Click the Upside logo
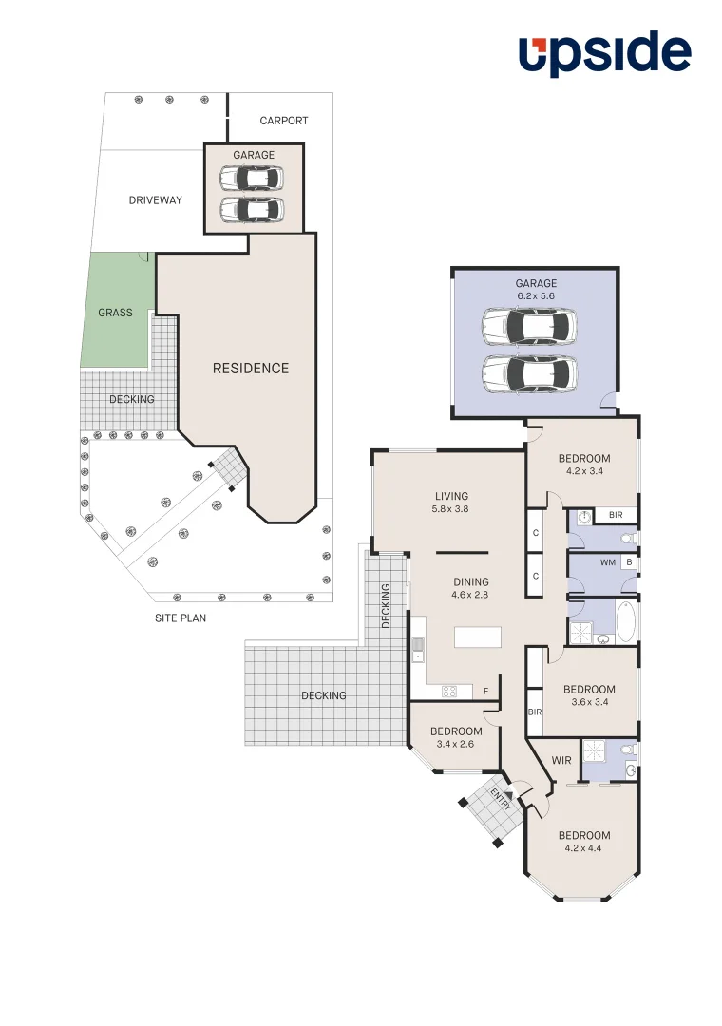(x=604, y=54)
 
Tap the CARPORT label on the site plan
(x=284, y=121)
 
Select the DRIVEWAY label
(x=155, y=200)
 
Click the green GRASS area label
(x=115, y=313)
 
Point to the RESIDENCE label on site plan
(x=250, y=369)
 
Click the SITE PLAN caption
(x=180, y=617)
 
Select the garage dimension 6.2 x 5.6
(x=536, y=296)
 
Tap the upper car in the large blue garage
(x=529, y=327)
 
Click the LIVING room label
(x=451, y=496)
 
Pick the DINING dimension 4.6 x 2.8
(x=470, y=596)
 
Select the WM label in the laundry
(x=607, y=562)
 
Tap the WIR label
(x=561, y=761)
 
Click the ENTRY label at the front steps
(x=501, y=798)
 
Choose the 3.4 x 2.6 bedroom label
(x=455, y=744)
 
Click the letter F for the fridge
(x=486, y=692)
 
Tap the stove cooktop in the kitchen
(x=448, y=692)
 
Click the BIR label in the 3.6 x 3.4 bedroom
(x=534, y=712)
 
